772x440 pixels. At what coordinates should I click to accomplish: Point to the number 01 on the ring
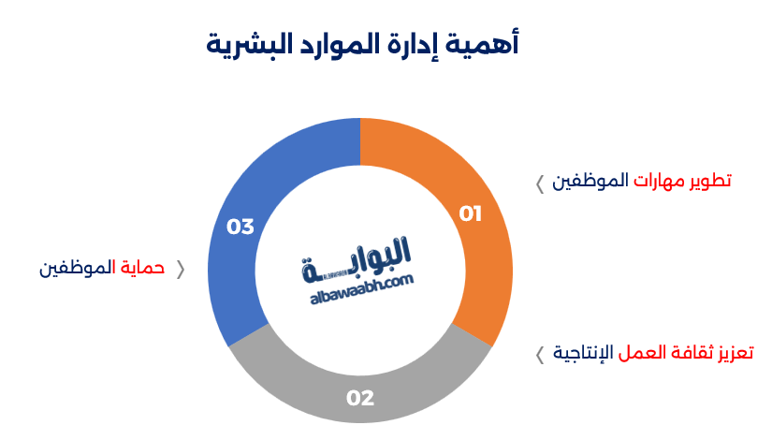pos(470,214)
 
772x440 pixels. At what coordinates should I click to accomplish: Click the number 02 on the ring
pos(360,398)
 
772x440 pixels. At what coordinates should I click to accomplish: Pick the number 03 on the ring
pos(240,227)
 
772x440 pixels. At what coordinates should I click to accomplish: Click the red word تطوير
pos(710,181)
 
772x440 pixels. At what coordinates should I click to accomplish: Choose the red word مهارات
pos(660,181)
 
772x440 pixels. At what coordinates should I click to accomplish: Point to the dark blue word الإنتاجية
pos(582,353)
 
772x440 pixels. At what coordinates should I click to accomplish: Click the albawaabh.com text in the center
pos(360,286)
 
